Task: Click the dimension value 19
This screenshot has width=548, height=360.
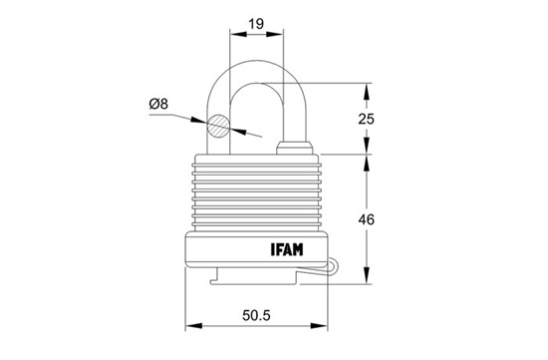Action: (x=256, y=24)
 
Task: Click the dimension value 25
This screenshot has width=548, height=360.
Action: (x=366, y=119)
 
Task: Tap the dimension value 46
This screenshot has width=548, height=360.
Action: (x=366, y=219)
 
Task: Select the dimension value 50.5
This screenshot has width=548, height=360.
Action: (x=256, y=315)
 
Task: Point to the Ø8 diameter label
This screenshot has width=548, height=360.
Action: (x=158, y=104)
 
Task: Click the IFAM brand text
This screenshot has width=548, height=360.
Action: (x=287, y=249)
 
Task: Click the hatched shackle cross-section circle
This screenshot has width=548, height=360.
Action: (x=218, y=126)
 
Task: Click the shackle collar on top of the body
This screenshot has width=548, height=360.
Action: (x=294, y=148)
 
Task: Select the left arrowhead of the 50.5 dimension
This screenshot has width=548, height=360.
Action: (x=193, y=326)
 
